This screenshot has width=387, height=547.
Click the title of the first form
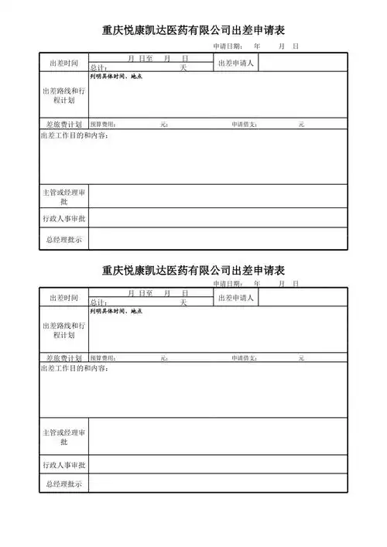pyautogui.click(x=193, y=31)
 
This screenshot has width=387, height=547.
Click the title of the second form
pyautogui.click(x=193, y=271)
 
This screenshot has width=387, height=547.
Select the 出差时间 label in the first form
pyautogui.click(x=63, y=63)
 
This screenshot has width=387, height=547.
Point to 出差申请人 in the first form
pyautogui.click(x=236, y=63)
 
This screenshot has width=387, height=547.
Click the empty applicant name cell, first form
pyautogui.click(x=303, y=63)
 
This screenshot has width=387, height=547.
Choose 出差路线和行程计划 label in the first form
pyautogui.click(x=63, y=96)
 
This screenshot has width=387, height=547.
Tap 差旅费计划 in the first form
pyautogui.click(x=63, y=124)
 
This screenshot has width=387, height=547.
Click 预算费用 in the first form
pyautogui.click(x=103, y=124)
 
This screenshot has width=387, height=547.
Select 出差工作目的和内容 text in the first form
pyautogui.click(x=74, y=136)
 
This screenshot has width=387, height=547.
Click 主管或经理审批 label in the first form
pyautogui.click(x=63, y=196)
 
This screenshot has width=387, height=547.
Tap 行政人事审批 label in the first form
pyautogui.click(x=63, y=218)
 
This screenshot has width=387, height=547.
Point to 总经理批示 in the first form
pyautogui.click(x=63, y=240)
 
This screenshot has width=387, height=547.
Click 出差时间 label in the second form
pyautogui.click(x=63, y=298)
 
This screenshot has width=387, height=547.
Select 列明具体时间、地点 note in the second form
pyautogui.click(x=115, y=311)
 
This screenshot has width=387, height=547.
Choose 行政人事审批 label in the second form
pyautogui.click(x=63, y=465)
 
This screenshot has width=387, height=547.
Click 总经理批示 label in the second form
pyautogui.click(x=63, y=484)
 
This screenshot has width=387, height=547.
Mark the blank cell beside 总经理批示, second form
pyautogui.click(x=217, y=484)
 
